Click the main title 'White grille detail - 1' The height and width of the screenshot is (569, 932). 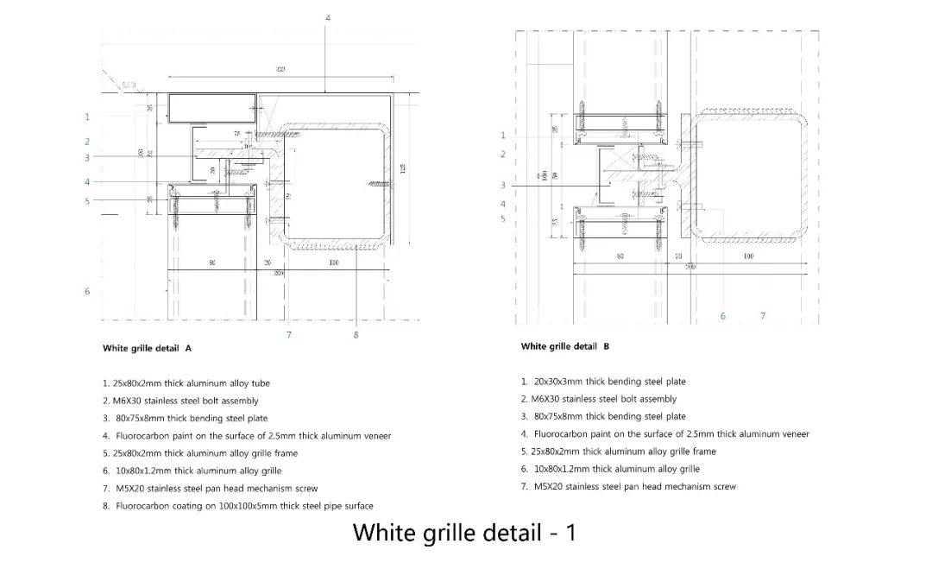click(464, 532)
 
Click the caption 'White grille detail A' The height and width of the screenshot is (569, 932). click(147, 349)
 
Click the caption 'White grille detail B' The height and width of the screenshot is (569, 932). click(565, 346)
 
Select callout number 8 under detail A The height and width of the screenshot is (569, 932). click(356, 335)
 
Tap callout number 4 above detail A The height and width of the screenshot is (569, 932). click(327, 18)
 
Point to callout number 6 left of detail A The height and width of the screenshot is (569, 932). click(87, 292)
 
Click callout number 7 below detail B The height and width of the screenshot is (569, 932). click(763, 316)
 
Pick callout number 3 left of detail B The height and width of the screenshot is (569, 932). click(503, 186)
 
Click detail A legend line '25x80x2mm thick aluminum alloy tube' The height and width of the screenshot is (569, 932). click(191, 383)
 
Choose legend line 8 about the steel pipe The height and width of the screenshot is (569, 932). click(244, 506)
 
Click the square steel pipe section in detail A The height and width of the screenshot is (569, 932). click(337, 186)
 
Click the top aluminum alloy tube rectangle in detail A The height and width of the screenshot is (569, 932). click(211, 108)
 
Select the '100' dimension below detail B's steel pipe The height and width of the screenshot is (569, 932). click(748, 256)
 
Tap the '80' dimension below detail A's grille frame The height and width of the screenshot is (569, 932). click(211, 262)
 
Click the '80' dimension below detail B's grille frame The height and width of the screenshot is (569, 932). click(620, 256)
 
